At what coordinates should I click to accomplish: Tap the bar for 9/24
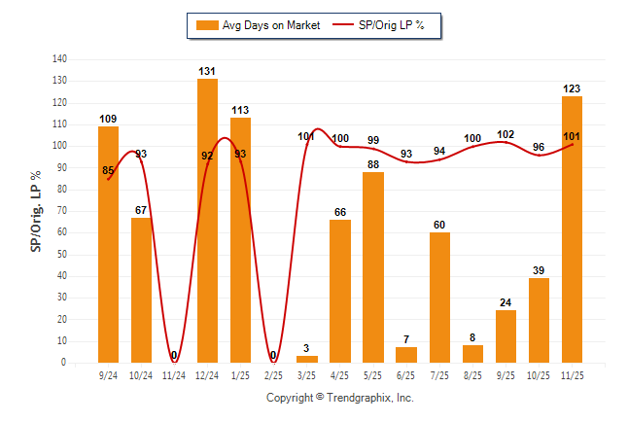point(108,244)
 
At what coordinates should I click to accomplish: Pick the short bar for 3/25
point(307,359)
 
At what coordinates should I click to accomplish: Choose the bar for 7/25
point(439,298)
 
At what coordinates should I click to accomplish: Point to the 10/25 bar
point(539,320)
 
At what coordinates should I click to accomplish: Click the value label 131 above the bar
point(207,71)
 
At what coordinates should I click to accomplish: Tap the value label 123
point(572,88)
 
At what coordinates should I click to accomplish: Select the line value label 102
point(506,135)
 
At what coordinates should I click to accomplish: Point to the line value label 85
point(108,171)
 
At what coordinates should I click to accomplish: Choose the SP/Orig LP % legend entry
point(380,25)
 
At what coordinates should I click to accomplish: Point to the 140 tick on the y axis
point(59,59)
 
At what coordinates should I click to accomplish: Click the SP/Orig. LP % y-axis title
point(36,211)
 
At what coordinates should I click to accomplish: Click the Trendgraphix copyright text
point(340,398)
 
